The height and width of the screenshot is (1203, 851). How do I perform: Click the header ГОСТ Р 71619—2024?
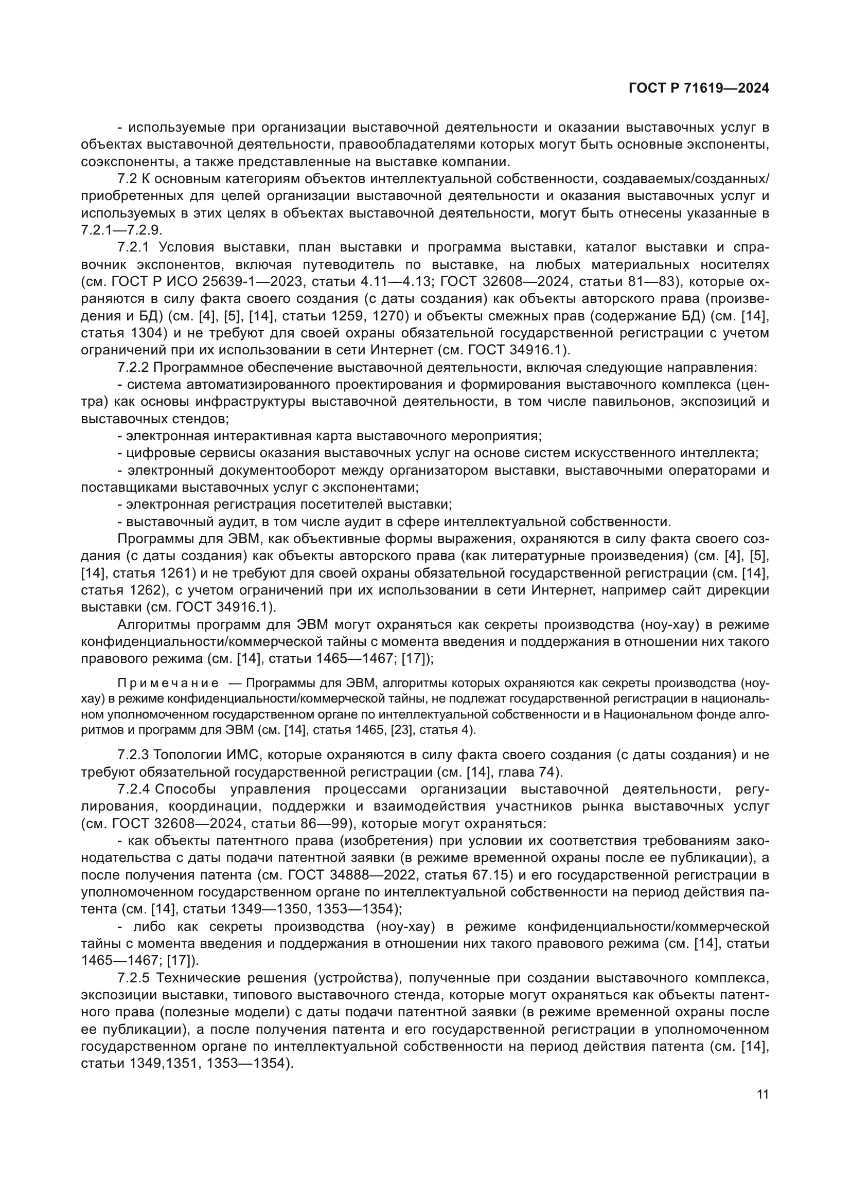point(699,88)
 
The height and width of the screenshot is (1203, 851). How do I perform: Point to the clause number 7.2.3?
point(134,755)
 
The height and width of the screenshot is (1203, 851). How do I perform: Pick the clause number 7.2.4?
point(134,789)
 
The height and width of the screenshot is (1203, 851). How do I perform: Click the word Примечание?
point(168,683)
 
